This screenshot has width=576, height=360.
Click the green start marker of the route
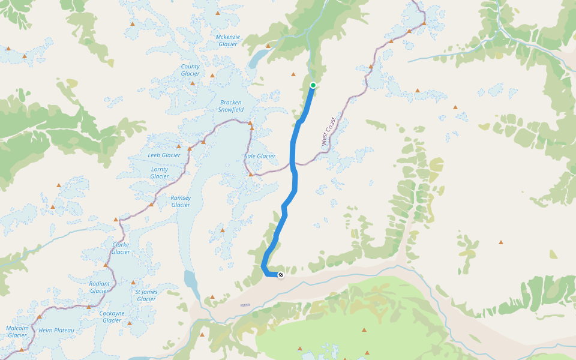(x=313, y=85)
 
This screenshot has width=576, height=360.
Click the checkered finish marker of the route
(x=280, y=275)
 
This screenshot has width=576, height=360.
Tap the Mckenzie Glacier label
(x=228, y=40)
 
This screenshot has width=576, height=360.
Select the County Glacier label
(x=190, y=70)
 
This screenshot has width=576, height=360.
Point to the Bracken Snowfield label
(x=231, y=106)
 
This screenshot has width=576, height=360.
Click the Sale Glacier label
(x=260, y=156)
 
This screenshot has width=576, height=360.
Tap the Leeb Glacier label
(x=164, y=155)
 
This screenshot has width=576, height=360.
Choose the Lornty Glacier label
(x=160, y=173)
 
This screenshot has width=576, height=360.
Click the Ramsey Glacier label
(x=181, y=201)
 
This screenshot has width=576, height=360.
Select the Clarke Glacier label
(x=121, y=248)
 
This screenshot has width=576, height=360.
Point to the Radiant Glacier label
(x=100, y=287)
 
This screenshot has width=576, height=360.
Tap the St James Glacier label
(x=146, y=295)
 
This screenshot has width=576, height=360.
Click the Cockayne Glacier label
(x=112, y=317)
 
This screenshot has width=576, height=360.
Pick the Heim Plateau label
(x=56, y=331)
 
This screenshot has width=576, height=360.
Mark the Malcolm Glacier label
(x=17, y=331)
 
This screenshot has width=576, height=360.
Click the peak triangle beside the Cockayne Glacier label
(x=129, y=323)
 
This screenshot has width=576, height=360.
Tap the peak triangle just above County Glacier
(x=193, y=83)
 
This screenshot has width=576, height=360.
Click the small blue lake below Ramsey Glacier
(x=190, y=280)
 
